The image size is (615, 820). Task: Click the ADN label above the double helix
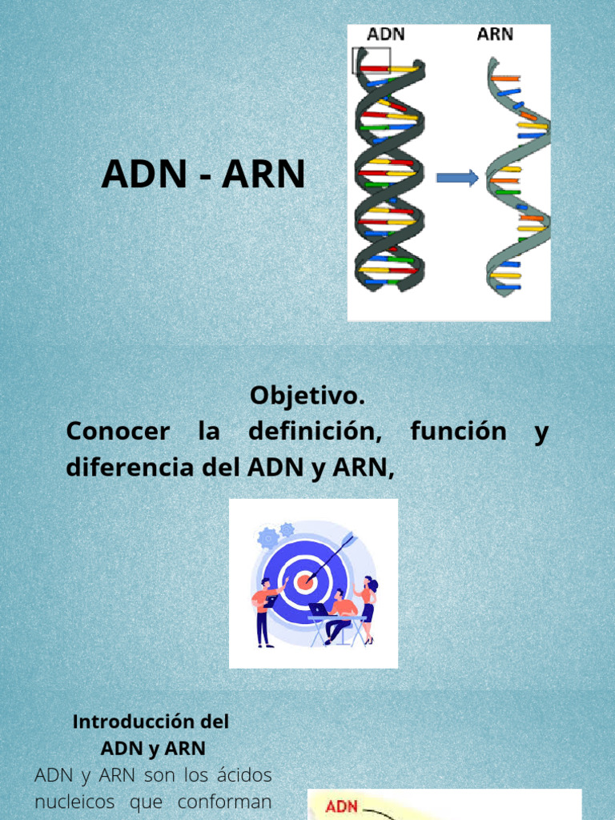pos(385,35)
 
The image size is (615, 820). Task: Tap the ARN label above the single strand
pos(495,35)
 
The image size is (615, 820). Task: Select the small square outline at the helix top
pos(372,61)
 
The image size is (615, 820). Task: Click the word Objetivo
pos(307,396)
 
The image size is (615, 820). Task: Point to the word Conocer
pos(118,432)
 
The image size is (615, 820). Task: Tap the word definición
pos(315,432)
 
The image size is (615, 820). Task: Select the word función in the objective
pos(458,432)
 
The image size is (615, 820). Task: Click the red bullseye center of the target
pos(303,582)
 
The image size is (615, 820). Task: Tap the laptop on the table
pos(320,610)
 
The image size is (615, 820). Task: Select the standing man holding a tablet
pos(264,610)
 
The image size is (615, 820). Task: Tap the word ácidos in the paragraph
pos(245,775)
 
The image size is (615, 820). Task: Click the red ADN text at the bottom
pos(342,808)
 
